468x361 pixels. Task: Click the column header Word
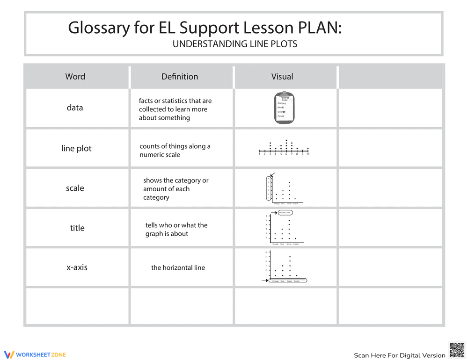point(75,77)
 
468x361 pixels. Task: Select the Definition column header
point(180,77)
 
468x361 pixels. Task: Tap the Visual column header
point(282,77)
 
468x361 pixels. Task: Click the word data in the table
point(75,108)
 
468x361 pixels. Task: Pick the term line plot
point(76,148)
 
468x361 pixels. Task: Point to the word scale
point(75,188)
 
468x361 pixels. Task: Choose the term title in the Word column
point(77,228)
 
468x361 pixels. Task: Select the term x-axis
point(77,267)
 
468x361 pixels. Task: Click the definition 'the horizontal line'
point(178,268)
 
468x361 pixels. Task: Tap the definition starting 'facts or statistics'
point(175,109)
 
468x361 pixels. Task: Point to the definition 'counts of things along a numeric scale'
point(175,150)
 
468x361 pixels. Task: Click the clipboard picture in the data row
point(285,108)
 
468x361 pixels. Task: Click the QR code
point(457,350)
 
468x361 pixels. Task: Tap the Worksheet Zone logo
point(35,354)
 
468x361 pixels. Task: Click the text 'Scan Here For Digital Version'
point(399,355)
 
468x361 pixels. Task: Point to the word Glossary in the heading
point(99,28)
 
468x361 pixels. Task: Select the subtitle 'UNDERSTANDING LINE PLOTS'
point(235,44)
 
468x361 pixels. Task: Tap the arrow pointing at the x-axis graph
point(264,281)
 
